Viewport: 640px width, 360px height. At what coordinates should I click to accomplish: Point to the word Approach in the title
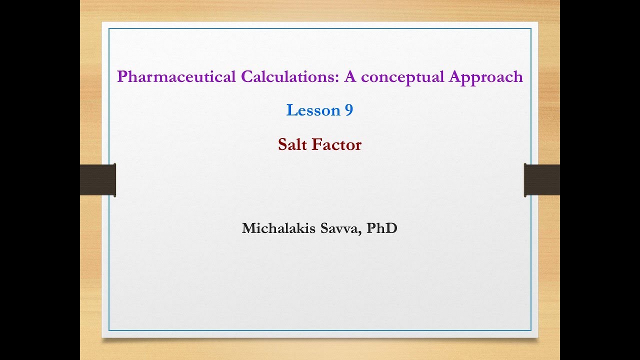486,77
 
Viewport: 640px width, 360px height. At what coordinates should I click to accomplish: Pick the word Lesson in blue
313,110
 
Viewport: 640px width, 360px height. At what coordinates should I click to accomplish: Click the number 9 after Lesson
349,110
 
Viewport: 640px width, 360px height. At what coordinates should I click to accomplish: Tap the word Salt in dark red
292,144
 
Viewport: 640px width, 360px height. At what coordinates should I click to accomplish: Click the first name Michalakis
279,228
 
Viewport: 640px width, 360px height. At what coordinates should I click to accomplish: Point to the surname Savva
341,228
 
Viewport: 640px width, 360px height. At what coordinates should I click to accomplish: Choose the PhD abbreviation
382,228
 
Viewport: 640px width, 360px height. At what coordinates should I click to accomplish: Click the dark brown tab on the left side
98,180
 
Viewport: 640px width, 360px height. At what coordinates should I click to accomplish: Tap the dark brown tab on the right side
541,180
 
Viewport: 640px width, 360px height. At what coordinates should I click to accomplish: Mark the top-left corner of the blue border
109,29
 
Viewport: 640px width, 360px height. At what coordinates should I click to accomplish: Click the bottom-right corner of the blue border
530,330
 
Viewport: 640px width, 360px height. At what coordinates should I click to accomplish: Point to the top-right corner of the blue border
530,29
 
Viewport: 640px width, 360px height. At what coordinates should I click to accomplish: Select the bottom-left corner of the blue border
109,330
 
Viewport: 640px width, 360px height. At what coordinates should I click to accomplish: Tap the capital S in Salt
282,144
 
